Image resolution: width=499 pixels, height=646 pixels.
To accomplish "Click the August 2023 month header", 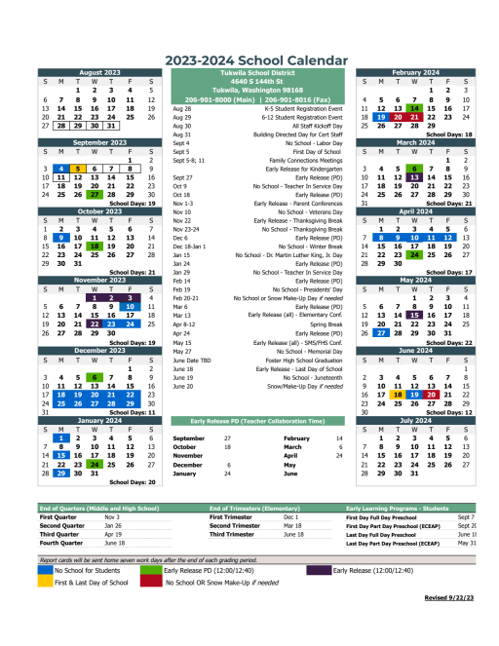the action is [x=100, y=72].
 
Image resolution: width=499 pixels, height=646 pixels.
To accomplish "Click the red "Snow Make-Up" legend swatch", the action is [x=150, y=582].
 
